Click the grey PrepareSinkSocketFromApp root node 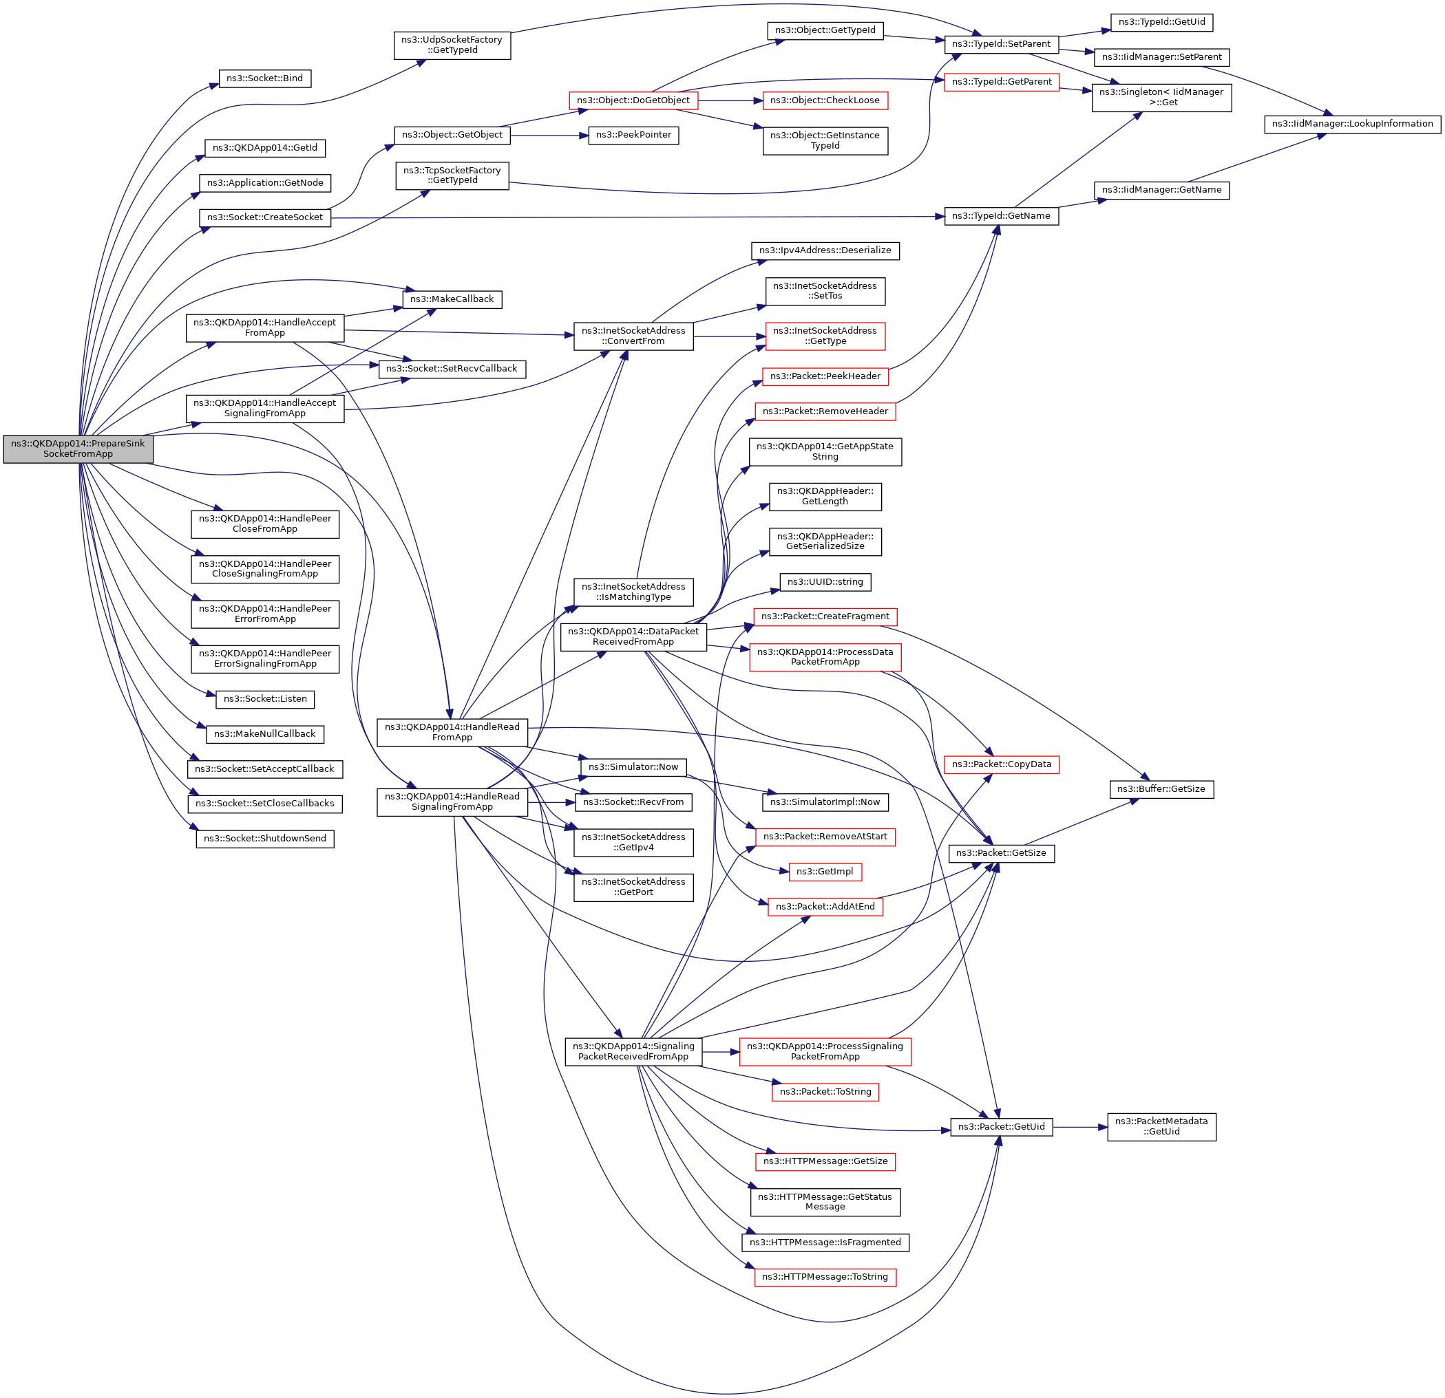[78, 449]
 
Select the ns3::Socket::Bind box [264, 78]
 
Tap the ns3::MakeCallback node [452, 299]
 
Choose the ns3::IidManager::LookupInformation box [1352, 124]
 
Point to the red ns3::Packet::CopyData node [1001, 764]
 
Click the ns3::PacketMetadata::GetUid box [1161, 1126]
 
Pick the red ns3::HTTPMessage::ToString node [825, 1276]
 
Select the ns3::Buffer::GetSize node [1161, 788]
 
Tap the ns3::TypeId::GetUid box [1161, 22]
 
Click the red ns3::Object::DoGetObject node [633, 100]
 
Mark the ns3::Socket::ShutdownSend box [264, 838]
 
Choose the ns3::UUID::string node [825, 581]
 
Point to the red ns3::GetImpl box [825, 871]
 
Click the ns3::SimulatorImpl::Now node [825, 802]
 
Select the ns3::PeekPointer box [633, 135]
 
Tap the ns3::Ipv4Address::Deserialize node [825, 250]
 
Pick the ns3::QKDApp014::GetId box [264, 148]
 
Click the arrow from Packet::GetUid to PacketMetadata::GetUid [1080, 1127]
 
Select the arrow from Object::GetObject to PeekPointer [549, 136]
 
